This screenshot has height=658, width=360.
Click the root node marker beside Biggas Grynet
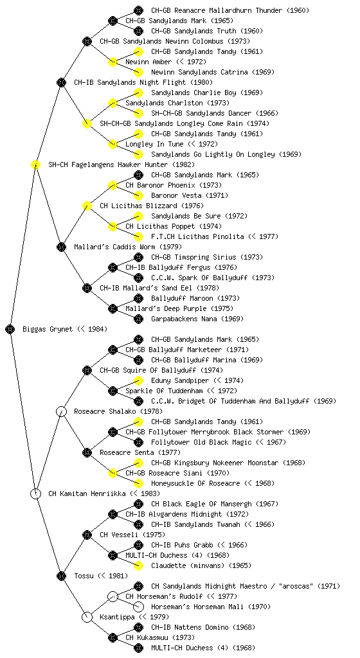coord(10,329)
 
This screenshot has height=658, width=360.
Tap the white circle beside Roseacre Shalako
coord(61,411)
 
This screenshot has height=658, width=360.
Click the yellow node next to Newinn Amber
coord(113,62)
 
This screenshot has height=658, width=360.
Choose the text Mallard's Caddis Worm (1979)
coord(122,247)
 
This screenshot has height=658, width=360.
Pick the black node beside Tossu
coord(61,576)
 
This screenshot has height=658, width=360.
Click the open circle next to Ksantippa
coord(87,617)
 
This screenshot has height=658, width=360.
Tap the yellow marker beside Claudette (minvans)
coord(138,565)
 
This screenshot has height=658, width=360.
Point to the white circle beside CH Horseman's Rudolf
coord(113,596)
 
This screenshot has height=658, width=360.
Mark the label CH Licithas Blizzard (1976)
coord(152,206)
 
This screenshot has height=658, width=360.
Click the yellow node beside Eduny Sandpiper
coord(138,380)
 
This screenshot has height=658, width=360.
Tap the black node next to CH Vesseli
coord(87,535)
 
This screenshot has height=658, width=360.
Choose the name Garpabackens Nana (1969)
coord(197,319)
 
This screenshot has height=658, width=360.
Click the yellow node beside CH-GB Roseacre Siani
coord(113,473)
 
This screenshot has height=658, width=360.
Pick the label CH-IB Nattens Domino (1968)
coord(203,627)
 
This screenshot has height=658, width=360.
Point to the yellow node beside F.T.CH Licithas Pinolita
coord(138,236)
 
